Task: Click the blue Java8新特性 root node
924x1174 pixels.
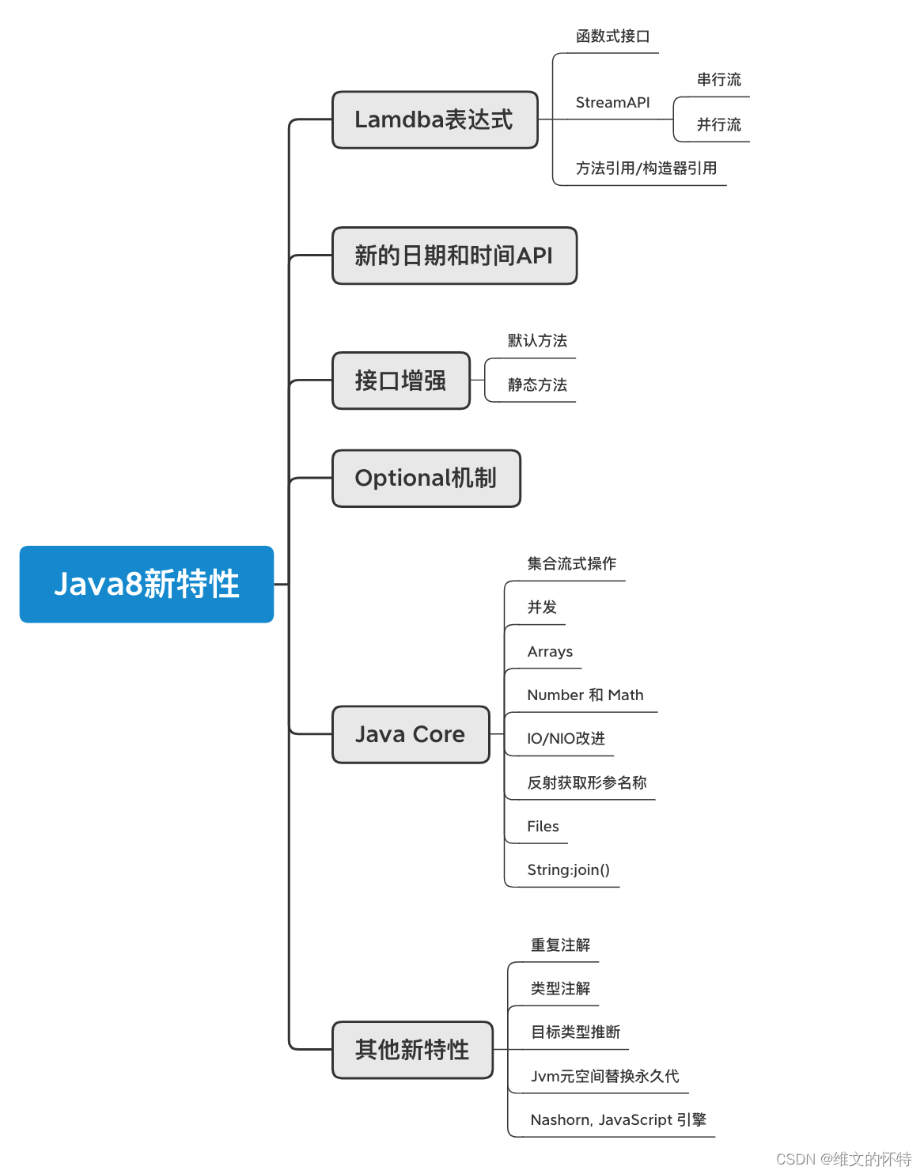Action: (146, 584)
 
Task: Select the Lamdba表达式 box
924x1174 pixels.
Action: (434, 119)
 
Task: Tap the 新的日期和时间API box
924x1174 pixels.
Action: (454, 256)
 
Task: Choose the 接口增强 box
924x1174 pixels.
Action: (401, 381)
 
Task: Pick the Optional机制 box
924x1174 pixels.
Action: (426, 478)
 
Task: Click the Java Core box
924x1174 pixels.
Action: (411, 734)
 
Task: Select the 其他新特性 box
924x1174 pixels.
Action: (412, 1050)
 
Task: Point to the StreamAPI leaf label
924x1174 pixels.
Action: (612, 103)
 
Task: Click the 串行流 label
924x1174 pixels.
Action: (718, 80)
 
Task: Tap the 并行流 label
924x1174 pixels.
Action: (718, 125)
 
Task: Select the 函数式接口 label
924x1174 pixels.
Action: (612, 36)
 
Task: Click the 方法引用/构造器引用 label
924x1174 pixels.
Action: (646, 169)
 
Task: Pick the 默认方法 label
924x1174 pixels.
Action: (537, 341)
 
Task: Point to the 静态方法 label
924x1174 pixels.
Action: (537, 385)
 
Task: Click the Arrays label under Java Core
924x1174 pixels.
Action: (550, 652)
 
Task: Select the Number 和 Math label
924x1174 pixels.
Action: (585, 695)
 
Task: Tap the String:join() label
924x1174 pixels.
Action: (568, 870)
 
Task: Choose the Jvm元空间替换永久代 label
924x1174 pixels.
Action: (604, 1077)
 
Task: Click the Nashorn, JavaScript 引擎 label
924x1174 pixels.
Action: (618, 1120)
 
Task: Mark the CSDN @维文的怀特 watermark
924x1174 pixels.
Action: (843, 1159)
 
